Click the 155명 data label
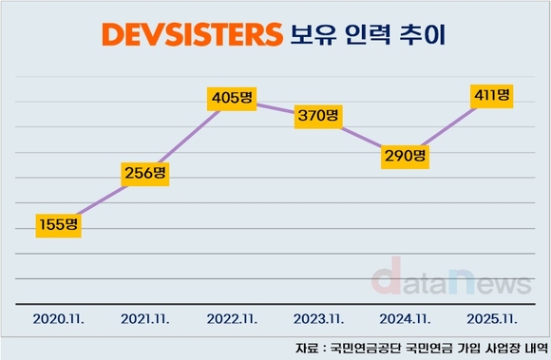tap(59, 224)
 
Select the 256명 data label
tap(145, 173)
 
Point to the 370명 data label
tap(316, 115)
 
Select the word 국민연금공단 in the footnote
tap(369, 346)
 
